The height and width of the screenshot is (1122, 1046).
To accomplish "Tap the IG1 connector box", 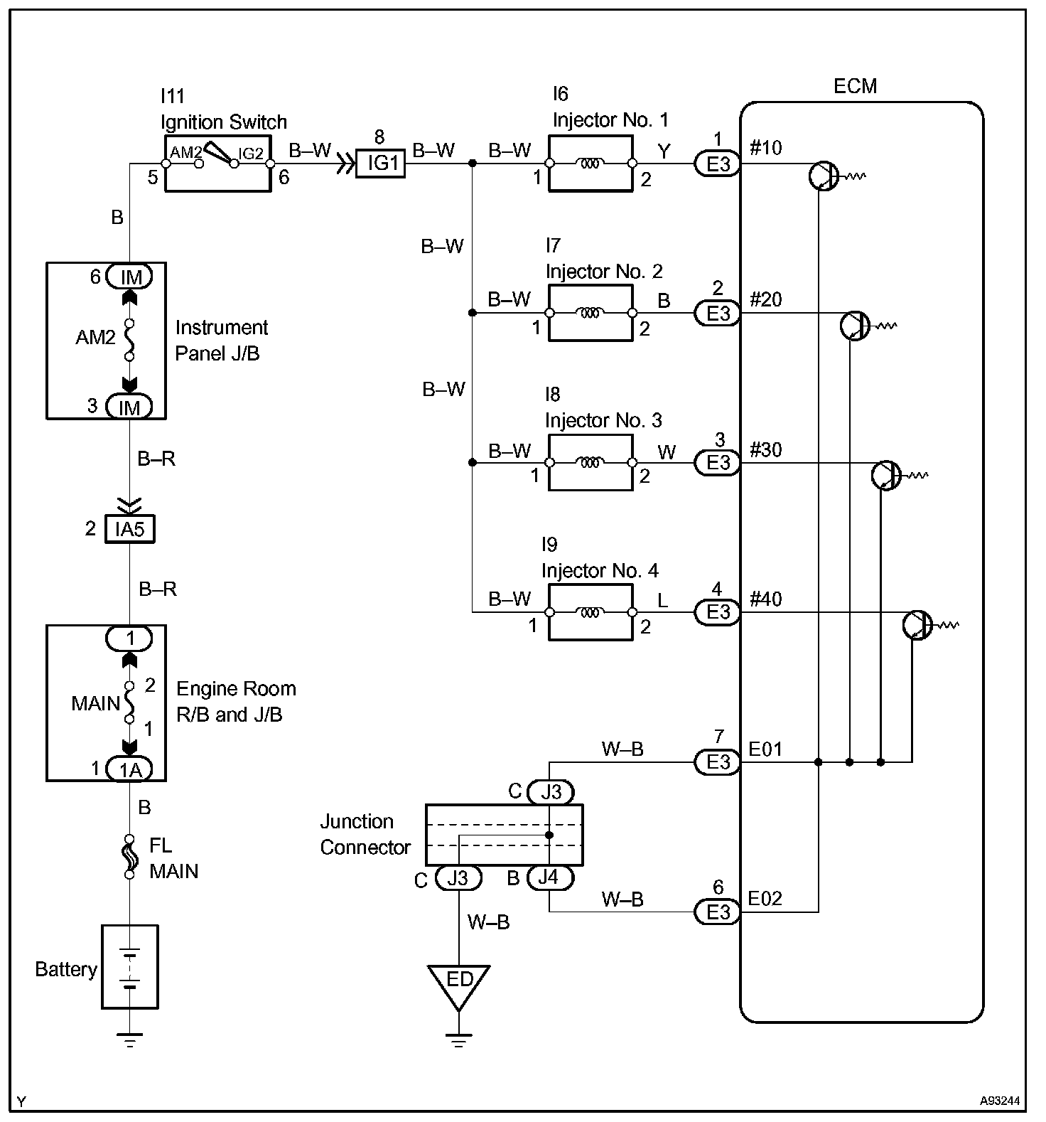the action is (380, 164).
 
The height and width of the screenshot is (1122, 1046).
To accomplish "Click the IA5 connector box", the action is (129, 529).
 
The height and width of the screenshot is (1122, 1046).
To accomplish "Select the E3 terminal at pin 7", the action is (717, 762).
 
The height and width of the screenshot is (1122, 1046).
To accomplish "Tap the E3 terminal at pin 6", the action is (717, 912).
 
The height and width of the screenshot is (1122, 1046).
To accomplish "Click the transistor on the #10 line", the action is (824, 176).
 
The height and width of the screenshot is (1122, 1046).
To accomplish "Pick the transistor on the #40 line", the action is (917, 625).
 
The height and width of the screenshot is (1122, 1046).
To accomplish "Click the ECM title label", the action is (855, 86).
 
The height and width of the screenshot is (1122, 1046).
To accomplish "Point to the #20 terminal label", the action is (765, 299).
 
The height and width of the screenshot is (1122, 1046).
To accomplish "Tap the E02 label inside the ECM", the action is (765, 899).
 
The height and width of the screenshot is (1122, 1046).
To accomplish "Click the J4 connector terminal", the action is (549, 877).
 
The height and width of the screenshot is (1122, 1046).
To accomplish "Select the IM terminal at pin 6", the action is (129, 277).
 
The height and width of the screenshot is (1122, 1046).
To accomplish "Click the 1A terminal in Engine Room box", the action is (129, 769).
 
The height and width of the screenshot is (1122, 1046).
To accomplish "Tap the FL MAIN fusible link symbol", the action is (129, 857).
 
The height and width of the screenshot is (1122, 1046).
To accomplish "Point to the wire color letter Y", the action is (664, 151).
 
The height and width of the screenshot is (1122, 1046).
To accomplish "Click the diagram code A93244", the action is (1000, 1101).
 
